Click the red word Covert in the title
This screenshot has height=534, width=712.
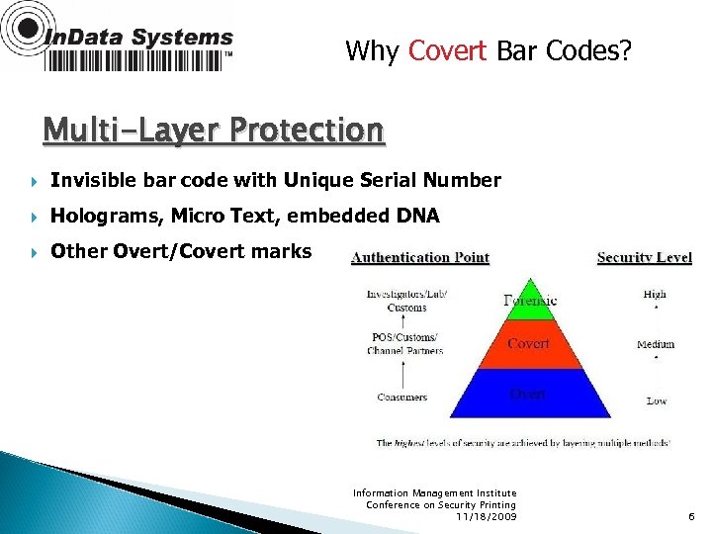point(447,50)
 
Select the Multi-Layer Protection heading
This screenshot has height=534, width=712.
point(214,131)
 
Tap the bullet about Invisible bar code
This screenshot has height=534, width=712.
point(275,181)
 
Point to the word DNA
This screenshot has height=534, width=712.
point(417,216)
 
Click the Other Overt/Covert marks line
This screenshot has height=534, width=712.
point(181,251)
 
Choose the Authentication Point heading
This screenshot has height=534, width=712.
point(420,258)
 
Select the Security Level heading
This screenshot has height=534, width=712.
point(644,258)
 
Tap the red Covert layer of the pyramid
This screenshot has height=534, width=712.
point(528,344)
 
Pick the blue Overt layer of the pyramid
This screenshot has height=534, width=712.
point(528,394)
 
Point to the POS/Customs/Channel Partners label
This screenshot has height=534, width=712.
point(404,344)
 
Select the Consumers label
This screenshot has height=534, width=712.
point(402,398)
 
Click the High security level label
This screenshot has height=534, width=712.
point(655,294)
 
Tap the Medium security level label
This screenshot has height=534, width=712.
point(656,344)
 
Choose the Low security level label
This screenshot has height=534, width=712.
point(657,400)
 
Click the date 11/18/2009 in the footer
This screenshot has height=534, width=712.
point(486,516)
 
